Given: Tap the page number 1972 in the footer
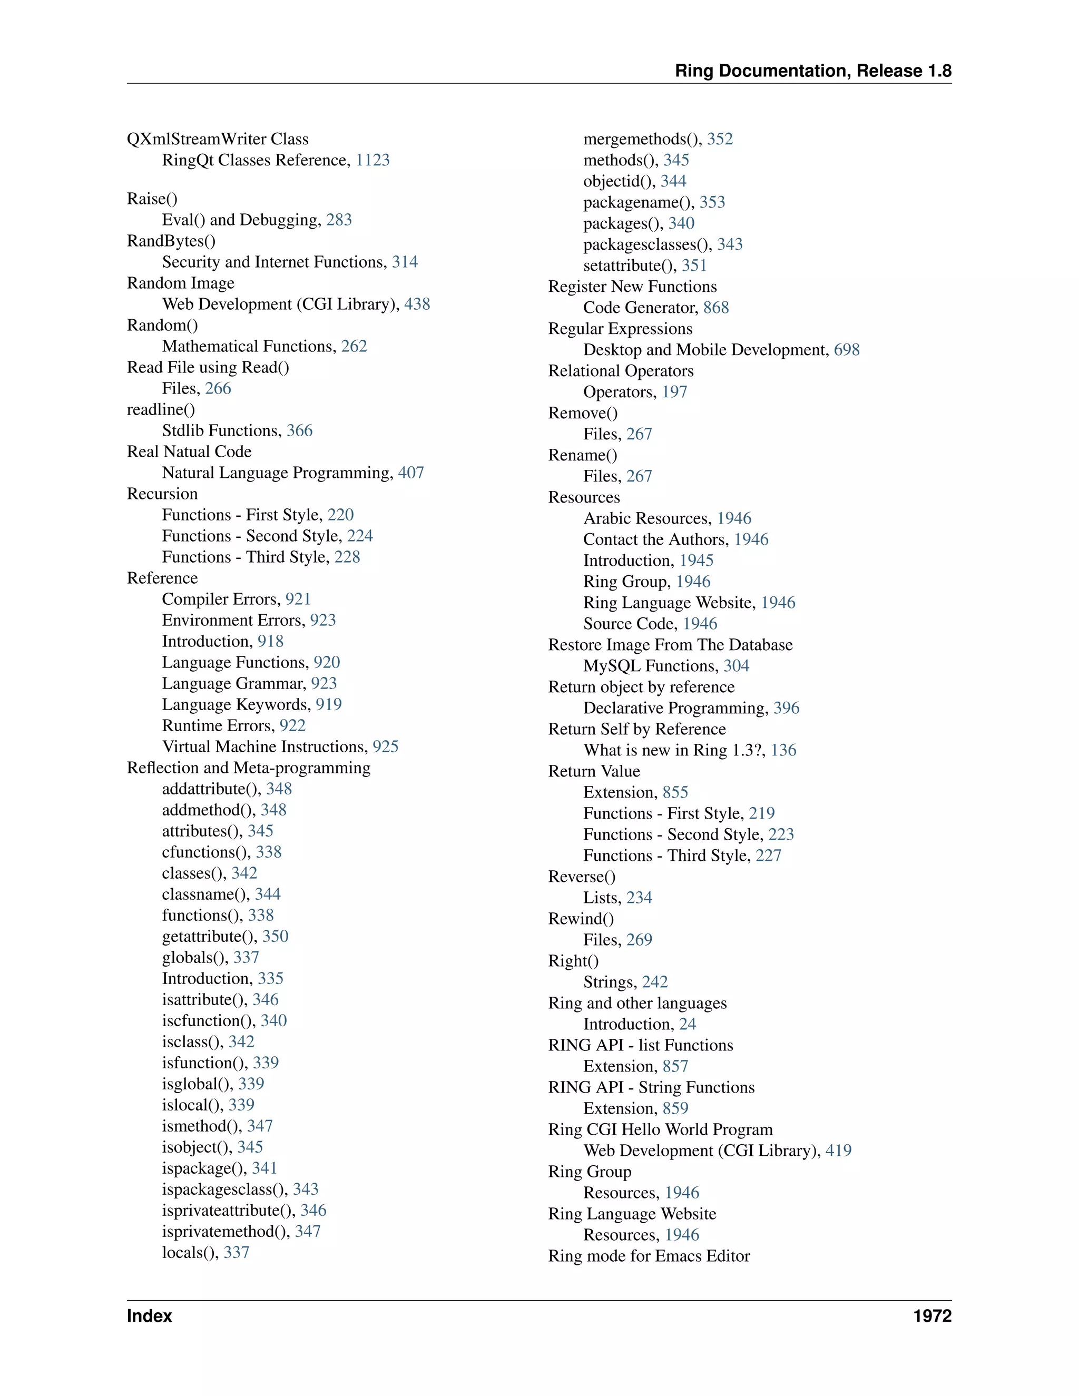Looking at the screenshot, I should click(x=932, y=1315).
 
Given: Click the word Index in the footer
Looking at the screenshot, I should click(x=149, y=1315).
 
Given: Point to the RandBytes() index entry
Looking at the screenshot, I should click(x=171, y=240).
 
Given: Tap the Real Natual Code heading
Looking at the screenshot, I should click(x=189, y=451).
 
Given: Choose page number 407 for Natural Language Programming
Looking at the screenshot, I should click(x=410, y=473).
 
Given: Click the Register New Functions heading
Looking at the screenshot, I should click(x=632, y=287).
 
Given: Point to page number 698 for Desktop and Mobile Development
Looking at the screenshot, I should click(x=846, y=350).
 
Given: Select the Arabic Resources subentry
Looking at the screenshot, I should click(x=647, y=518).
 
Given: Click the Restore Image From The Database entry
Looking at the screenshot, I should click(x=670, y=644).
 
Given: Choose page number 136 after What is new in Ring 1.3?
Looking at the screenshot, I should click(x=783, y=750).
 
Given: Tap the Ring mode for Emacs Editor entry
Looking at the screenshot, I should click(x=649, y=1255).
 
